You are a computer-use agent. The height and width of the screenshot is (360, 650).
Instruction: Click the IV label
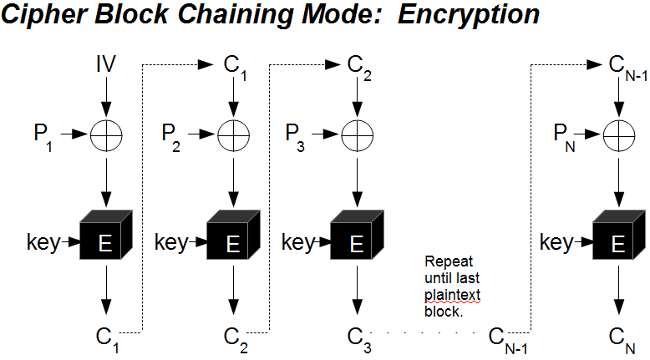(x=105, y=63)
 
